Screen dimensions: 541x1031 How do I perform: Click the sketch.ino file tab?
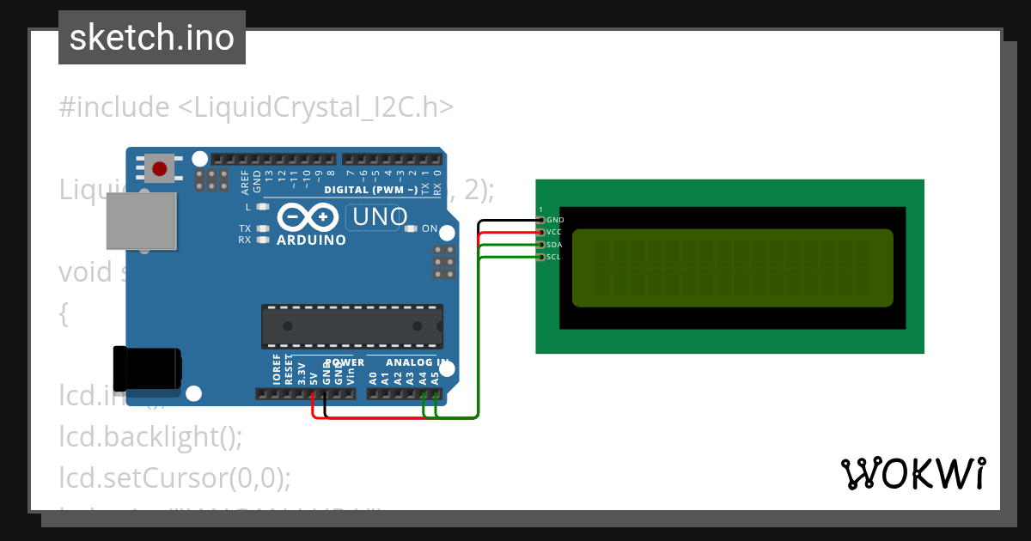click(152, 38)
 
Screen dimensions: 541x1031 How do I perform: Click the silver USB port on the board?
click(141, 221)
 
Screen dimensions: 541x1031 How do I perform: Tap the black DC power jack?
click(148, 367)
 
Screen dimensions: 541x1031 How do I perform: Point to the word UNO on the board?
click(376, 217)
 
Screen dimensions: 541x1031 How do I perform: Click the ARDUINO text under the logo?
click(311, 240)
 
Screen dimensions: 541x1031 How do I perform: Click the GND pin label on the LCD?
click(555, 221)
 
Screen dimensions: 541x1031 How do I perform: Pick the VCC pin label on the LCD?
click(554, 233)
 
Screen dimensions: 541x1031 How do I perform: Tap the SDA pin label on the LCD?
click(554, 245)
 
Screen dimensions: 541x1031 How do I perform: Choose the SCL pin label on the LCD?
click(553, 257)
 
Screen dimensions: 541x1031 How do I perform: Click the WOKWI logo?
click(913, 473)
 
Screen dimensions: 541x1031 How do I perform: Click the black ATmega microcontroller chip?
click(352, 326)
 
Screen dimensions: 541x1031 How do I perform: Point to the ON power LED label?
click(430, 229)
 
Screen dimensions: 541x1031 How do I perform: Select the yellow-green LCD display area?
click(732, 268)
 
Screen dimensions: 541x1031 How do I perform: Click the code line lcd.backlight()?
click(150, 437)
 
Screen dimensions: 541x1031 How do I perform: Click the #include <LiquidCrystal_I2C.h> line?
click(256, 107)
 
